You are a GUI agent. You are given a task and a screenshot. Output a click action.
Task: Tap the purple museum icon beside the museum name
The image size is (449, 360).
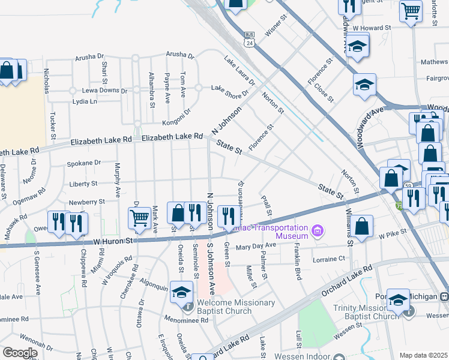pos(318,230)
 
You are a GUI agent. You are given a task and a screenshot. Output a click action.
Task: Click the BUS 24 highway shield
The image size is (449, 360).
pos(249,40)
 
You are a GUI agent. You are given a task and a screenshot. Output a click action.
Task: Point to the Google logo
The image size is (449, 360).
pos(19,353)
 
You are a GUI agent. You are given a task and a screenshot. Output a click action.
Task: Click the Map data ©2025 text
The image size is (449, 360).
pos(423,355)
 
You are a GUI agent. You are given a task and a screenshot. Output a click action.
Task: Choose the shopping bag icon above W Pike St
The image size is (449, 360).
pos(363,226)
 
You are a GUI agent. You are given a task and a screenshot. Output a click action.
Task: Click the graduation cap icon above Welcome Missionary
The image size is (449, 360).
pos(180,292)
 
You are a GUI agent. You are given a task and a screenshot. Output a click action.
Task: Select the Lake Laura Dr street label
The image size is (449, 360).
pos(240,71)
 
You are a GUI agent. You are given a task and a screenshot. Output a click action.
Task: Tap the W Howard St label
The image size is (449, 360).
pos(372,28)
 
